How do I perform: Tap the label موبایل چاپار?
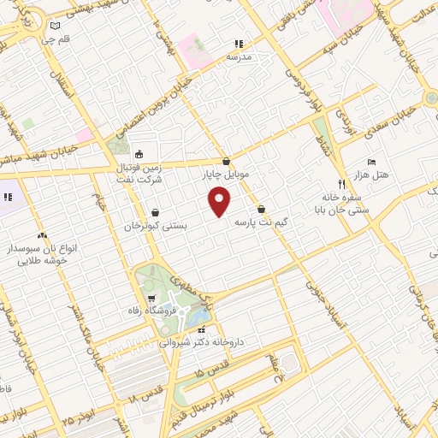225,175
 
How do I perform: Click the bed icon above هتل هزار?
370,162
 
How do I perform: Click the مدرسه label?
239,56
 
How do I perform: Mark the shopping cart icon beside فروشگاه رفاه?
151,299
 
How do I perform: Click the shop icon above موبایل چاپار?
226,161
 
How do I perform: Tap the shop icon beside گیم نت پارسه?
260,210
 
